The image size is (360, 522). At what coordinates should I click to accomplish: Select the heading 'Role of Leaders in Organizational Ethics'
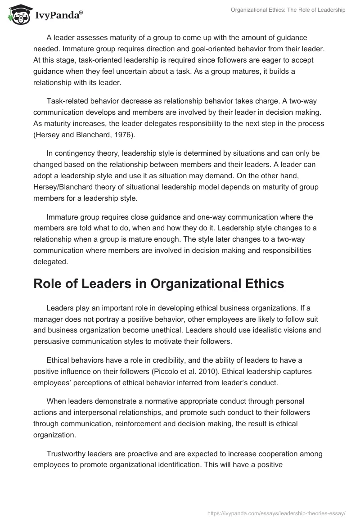159,284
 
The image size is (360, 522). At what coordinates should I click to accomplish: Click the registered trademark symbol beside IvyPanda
81,12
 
